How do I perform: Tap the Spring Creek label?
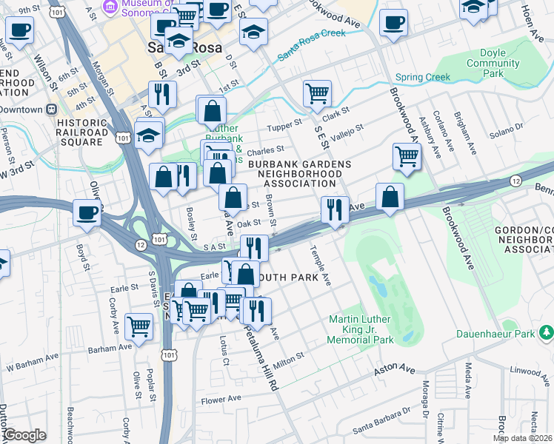[x=423, y=77]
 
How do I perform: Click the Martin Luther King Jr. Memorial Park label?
[x=361, y=330]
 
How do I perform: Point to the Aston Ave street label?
[x=394, y=367]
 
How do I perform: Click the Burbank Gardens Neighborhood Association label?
[x=296, y=173]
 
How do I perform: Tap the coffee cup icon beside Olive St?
[x=87, y=213]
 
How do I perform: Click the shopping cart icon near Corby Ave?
[x=138, y=326]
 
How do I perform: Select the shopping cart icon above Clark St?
[x=317, y=93]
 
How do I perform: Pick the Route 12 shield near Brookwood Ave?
[x=515, y=181]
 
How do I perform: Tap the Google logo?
[x=24, y=435]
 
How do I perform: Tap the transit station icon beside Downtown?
[x=52, y=109]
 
